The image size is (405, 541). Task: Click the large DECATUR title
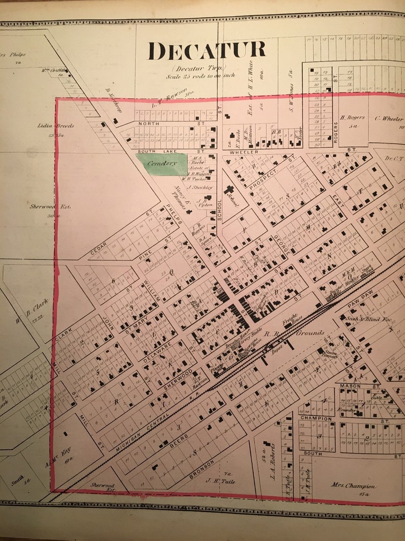(x=207, y=51)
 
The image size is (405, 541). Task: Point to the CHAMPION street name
(x=316, y=418)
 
